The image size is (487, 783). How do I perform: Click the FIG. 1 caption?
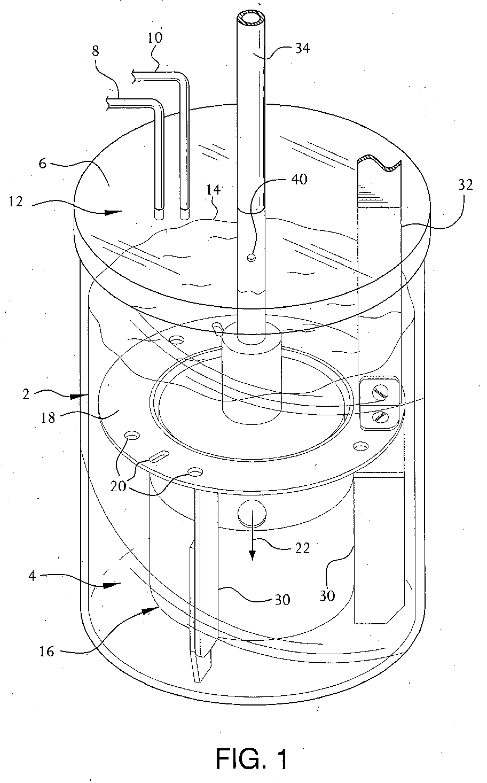click(253, 758)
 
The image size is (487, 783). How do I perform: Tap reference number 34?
click(302, 49)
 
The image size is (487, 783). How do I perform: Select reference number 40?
click(299, 179)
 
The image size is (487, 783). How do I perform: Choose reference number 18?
click(48, 417)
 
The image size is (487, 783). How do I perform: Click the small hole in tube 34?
click(251, 258)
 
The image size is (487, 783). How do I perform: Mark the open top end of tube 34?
click(250, 20)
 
